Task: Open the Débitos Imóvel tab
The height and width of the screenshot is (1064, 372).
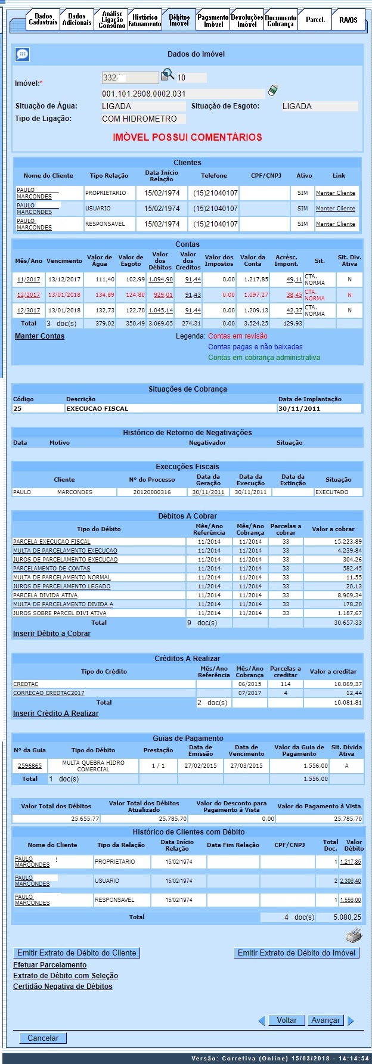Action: [179, 20]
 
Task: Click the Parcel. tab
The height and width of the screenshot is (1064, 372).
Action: [315, 20]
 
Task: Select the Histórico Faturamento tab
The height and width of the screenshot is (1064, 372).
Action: [145, 20]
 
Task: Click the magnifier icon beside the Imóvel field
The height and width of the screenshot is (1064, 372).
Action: [168, 75]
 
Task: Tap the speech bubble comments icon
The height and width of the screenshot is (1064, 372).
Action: [22, 54]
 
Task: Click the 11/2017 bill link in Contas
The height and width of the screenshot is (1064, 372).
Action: [28, 280]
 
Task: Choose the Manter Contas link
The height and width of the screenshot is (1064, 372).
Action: [39, 336]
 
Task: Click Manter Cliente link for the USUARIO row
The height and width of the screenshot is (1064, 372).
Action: [335, 209]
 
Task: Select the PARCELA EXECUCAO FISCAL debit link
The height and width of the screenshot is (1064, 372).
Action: [52, 542]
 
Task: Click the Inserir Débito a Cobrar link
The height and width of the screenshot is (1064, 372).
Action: [52, 634]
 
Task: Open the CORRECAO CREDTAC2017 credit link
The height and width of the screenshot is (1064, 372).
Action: [49, 693]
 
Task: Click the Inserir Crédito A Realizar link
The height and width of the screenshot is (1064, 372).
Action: [56, 714]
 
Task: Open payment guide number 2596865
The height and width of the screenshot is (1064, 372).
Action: [30, 766]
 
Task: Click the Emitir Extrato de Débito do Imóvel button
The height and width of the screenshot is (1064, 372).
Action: [296, 953]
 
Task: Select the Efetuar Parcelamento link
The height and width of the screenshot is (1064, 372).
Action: [50, 965]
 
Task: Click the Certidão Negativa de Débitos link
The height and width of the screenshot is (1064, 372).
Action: [63, 987]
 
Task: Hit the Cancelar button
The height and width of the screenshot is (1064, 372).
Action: [43, 1038]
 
